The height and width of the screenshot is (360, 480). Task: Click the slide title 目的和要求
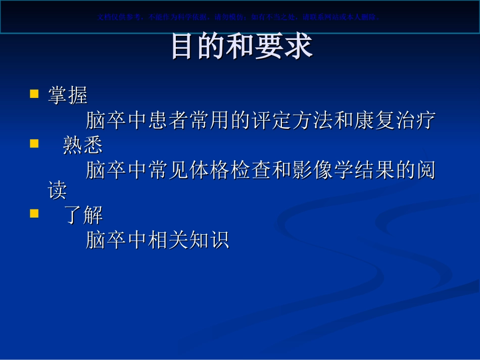pyautogui.click(x=242, y=46)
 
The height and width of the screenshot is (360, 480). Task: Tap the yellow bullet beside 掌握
pyautogui.click(x=34, y=94)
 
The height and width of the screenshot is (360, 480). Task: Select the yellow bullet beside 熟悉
pyautogui.click(x=34, y=144)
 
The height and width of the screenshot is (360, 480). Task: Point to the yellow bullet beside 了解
pyautogui.click(x=34, y=214)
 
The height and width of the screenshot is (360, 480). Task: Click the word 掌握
pyautogui.click(x=68, y=95)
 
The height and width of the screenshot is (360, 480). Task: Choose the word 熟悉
pyautogui.click(x=82, y=145)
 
